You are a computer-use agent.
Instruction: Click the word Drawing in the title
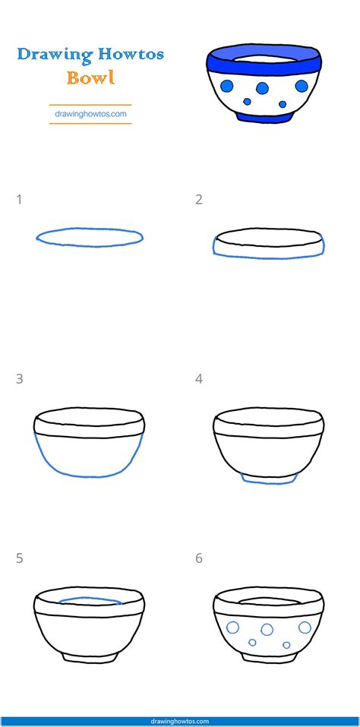[x=51, y=55]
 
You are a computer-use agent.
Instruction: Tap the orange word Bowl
[x=90, y=77]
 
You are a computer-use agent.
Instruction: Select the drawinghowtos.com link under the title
[x=90, y=114]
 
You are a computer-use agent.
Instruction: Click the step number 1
[x=19, y=200]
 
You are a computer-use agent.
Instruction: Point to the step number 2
[x=199, y=200]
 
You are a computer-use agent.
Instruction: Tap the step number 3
[x=19, y=379]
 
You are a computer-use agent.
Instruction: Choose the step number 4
[x=199, y=379]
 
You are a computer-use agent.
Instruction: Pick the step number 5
[x=19, y=558]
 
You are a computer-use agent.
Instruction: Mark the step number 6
[x=199, y=558]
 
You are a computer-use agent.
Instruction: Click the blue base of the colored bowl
[x=264, y=116]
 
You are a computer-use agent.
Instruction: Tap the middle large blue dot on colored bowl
[x=262, y=87]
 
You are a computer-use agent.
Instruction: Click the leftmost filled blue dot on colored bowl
[x=226, y=86]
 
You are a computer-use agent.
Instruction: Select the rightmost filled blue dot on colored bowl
[x=302, y=86]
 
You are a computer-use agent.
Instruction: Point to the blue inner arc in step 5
[x=90, y=598]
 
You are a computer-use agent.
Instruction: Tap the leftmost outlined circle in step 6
[x=232, y=627]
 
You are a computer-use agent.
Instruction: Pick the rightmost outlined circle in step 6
[x=305, y=627]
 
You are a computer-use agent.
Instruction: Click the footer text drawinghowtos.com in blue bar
[x=180, y=722]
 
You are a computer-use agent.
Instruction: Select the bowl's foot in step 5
[x=90, y=658]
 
